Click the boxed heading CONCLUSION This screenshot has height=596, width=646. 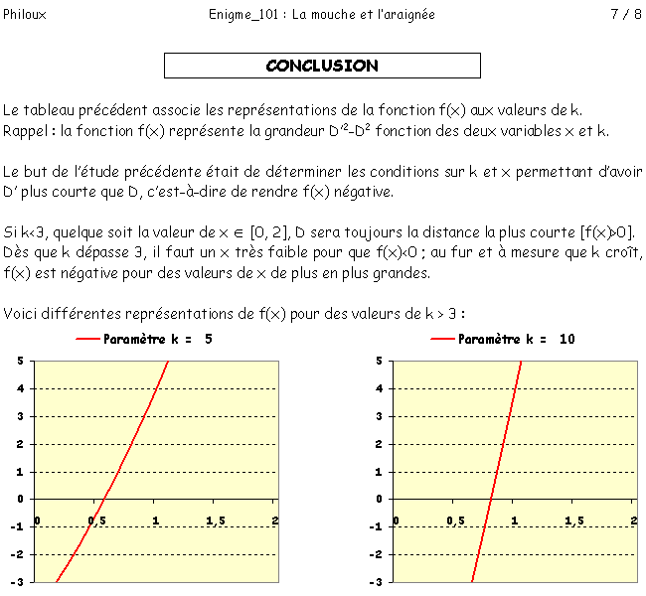(322, 66)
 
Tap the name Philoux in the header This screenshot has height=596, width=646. (24, 15)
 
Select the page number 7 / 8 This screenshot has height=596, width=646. (625, 15)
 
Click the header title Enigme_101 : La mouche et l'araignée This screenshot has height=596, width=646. (322, 15)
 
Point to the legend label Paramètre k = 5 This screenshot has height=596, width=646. (157, 340)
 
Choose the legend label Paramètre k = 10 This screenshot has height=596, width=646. (516, 340)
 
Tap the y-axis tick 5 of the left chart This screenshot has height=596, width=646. (21, 361)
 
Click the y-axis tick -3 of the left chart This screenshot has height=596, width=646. (19, 582)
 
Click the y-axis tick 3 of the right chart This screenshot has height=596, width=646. (379, 416)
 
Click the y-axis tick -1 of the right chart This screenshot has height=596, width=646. (377, 526)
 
